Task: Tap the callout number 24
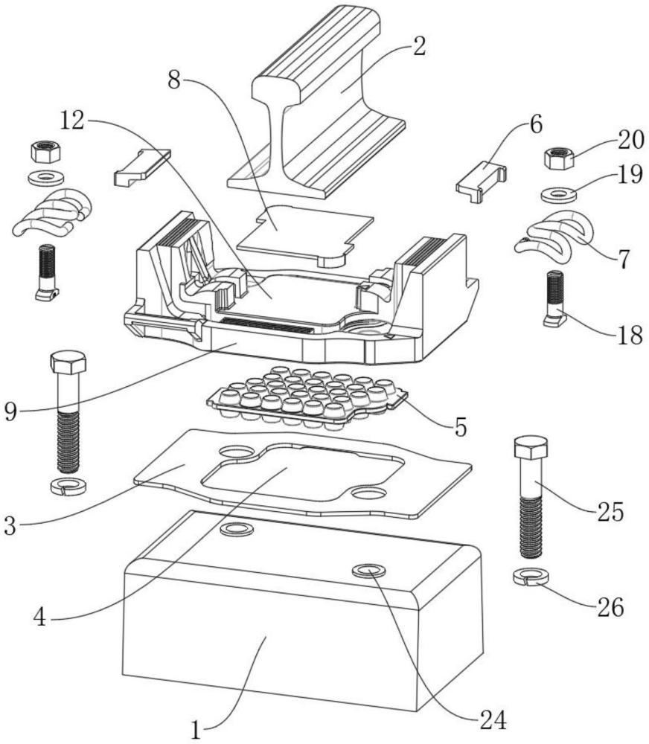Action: coord(492,719)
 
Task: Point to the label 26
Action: coord(610,607)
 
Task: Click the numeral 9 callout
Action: coord(10,411)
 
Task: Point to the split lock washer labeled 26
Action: coord(531,577)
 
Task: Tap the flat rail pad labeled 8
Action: coord(304,233)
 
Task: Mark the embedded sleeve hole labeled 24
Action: coord(369,571)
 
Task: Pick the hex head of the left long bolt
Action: coord(68,362)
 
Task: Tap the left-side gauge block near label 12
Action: coord(141,166)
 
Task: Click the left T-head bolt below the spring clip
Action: coord(47,272)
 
